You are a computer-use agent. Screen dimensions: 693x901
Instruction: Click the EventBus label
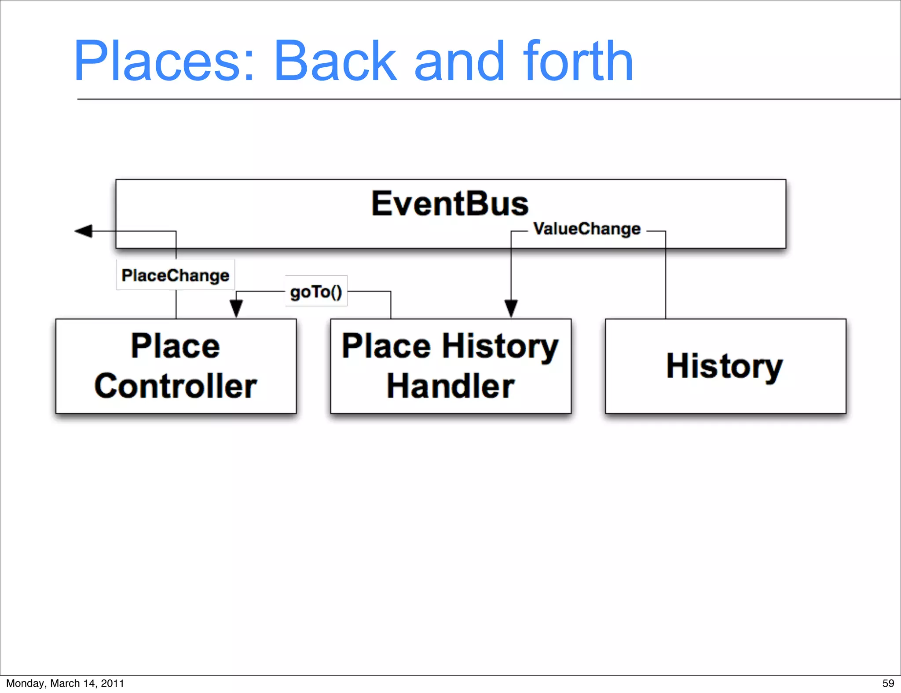[x=450, y=204]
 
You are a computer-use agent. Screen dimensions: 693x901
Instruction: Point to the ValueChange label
[x=586, y=229]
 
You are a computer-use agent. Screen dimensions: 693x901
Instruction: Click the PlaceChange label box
[x=176, y=275]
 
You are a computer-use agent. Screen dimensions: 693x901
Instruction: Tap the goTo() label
[x=316, y=292]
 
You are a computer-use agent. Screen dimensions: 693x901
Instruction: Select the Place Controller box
[x=176, y=366]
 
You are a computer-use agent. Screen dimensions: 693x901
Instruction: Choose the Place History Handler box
[x=450, y=366]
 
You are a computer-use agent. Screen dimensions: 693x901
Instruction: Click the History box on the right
[x=725, y=366]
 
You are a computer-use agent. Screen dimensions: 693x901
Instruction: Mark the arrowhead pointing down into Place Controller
[x=236, y=308]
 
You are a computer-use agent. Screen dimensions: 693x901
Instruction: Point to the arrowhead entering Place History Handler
[x=511, y=308]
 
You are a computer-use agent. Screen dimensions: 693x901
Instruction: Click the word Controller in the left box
[x=176, y=386]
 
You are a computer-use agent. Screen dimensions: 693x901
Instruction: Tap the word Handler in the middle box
[x=450, y=386]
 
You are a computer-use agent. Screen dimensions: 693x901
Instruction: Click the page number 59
[x=888, y=683]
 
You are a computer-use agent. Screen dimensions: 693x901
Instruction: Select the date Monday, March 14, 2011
[x=65, y=683]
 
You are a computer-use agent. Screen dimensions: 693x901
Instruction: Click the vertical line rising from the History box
[x=666, y=281]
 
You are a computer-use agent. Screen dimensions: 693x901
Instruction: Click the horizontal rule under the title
[x=484, y=99]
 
